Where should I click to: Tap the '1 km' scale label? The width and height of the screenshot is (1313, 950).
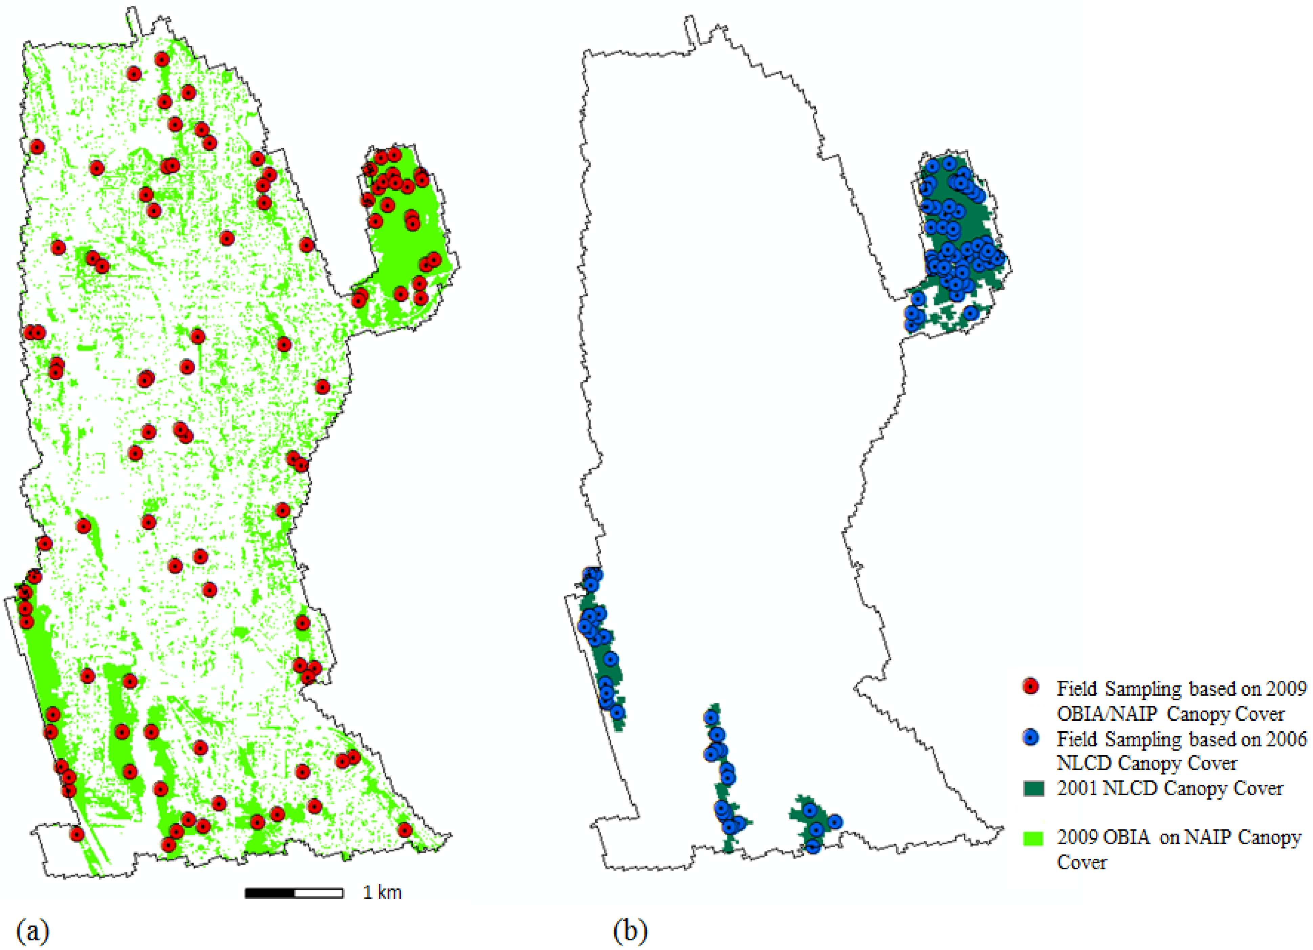coord(382,893)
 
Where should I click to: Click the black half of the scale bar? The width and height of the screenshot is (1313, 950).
coord(270,893)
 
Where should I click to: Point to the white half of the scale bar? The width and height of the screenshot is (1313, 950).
coord(319,893)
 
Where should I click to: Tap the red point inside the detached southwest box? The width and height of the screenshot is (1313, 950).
coord(77,834)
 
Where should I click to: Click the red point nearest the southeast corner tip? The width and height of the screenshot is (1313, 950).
coord(405,830)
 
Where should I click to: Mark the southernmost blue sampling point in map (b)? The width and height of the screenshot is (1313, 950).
coord(813,847)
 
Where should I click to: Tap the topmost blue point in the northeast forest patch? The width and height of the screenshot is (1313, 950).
coord(949,164)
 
